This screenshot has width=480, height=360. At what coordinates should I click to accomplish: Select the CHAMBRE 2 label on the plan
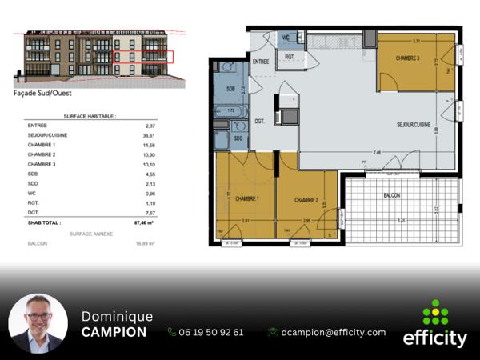pyautogui.click(x=306, y=199)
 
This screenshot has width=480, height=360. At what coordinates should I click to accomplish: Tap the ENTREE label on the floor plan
pyautogui.click(x=261, y=60)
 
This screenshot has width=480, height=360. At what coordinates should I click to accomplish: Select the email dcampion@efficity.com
pyautogui.click(x=333, y=332)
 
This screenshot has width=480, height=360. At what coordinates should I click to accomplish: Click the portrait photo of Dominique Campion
pyautogui.click(x=38, y=323)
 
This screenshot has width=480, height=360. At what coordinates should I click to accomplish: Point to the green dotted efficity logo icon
pyautogui.click(x=435, y=312)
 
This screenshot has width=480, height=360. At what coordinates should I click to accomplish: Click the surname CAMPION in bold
pyautogui.click(x=114, y=332)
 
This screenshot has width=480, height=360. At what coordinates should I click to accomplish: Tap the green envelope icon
pyautogui.click(x=273, y=332)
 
